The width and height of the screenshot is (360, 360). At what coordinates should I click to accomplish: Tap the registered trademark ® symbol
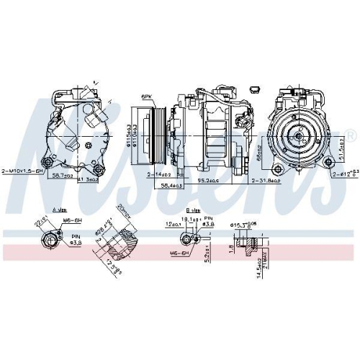tap(351, 136)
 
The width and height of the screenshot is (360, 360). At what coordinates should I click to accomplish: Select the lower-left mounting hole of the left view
tap(50, 160)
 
